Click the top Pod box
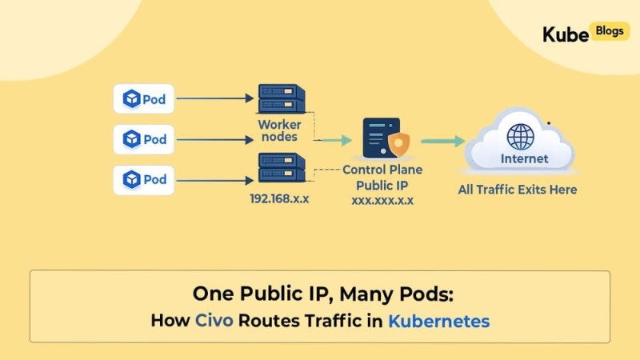(144, 98)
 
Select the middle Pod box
(144, 139)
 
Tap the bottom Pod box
(144, 179)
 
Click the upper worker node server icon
(282, 98)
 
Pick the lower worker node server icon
(282, 167)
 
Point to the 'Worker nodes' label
(279, 130)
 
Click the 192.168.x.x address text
(279, 198)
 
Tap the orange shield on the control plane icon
(398, 144)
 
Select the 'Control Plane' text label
(382, 170)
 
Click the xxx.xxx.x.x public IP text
(382, 201)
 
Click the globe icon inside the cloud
(521, 137)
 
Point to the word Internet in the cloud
(525, 158)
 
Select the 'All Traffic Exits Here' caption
(518, 190)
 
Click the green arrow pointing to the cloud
(443, 142)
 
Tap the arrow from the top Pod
(215, 98)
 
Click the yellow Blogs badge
(610, 31)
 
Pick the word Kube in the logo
(566, 34)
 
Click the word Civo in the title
(214, 321)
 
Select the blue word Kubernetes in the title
(438, 322)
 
